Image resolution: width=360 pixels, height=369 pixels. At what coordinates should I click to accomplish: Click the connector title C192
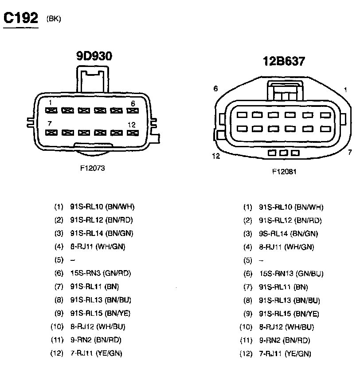point(20,18)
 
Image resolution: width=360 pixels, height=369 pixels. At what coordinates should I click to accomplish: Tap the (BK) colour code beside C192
point(53,19)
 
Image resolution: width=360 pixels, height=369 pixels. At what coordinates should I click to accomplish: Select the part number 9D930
point(94,56)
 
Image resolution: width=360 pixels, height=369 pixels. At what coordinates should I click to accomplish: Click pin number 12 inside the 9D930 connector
point(131,125)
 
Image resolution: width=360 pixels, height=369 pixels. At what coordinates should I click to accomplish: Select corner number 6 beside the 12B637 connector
point(215,88)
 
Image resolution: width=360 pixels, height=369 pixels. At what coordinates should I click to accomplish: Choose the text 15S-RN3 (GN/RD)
point(101,273)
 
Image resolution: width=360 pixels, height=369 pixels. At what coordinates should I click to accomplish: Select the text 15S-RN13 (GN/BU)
point(290,274)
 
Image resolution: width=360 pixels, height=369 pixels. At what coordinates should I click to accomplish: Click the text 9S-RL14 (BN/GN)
point(289,233)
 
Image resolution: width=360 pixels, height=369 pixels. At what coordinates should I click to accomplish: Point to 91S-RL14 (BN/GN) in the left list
point(102,233)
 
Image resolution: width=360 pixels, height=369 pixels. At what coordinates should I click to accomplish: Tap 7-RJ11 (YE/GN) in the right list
point(285,353)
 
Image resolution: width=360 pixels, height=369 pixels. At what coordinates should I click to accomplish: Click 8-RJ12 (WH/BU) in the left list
point(98,327)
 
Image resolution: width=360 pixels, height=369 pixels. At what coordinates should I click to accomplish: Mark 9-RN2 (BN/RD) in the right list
point(285,340)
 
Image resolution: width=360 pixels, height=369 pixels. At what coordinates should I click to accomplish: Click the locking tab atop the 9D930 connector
point(92,78)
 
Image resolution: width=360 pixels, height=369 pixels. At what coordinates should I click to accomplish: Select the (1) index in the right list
point(247,207)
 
